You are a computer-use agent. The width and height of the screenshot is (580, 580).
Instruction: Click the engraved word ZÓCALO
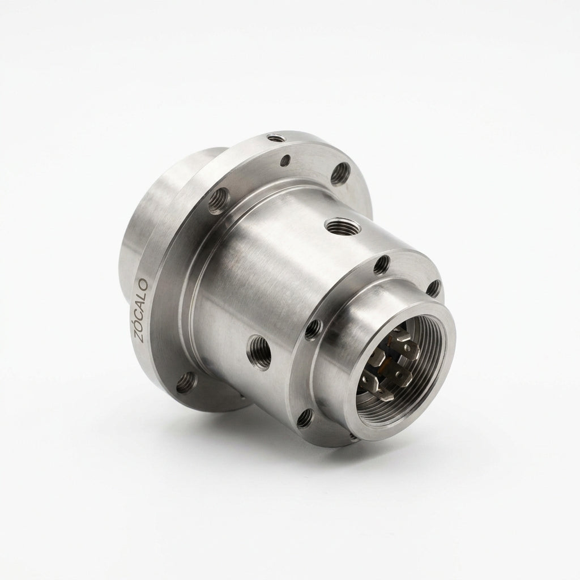coord(141,310)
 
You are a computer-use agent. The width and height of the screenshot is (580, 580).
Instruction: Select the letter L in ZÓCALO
coord(142,295)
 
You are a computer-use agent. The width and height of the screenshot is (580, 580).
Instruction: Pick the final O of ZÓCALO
coord(143,284)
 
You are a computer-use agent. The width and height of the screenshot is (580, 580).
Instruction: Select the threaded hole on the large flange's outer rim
coord(276,139)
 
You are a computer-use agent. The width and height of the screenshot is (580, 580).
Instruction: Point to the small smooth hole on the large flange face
coord(285,160)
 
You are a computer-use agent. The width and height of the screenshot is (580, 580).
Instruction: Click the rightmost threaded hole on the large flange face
coord(340,173)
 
